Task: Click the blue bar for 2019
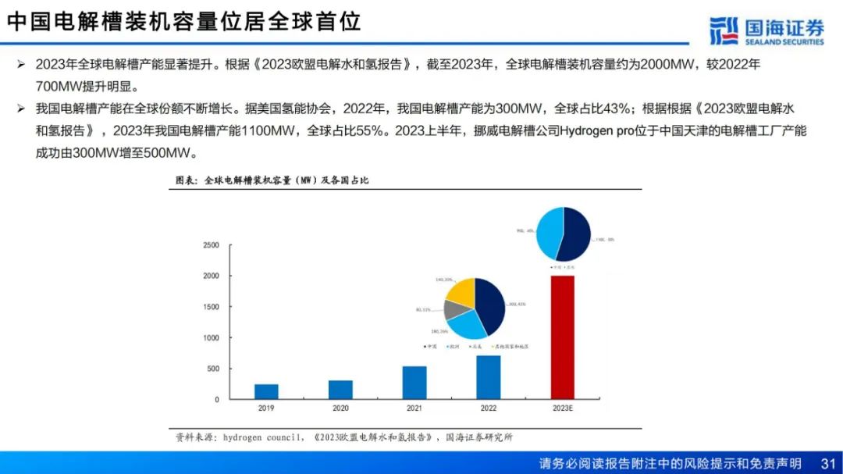pos(266,391)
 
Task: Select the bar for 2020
pos(340,390)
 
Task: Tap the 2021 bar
pos(414,383)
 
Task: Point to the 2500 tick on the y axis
pos(211,245)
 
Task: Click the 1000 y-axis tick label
pos(211,338)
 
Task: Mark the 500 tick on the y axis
pos(212,369)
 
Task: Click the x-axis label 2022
pos(489,408)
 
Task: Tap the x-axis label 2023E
pos(562,408)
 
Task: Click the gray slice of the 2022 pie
pos(455,308)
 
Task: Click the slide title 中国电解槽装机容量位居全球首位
pos(184,21)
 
